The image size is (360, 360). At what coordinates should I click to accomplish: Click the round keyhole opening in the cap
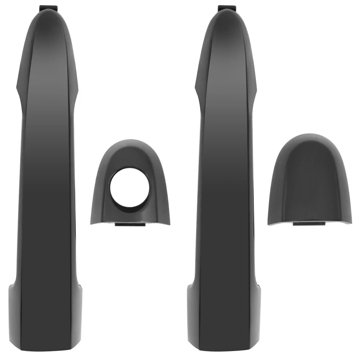pos(129,187)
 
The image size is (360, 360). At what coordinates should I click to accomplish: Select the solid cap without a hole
pos(310,184)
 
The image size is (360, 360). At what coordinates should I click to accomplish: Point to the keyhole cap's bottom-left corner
pos(92,222)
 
